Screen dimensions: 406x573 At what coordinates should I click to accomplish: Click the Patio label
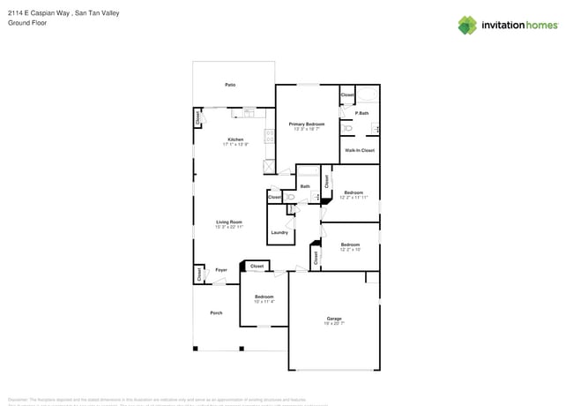click(x=230, y=85)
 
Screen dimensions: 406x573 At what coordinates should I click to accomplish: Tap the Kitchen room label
click(x=235, y=139)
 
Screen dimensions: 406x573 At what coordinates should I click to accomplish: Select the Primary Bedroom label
click(x=307, y=124)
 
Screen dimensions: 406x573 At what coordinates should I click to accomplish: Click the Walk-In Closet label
click(x=360, y=151)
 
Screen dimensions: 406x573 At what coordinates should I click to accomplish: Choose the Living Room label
click(x=229, y=222)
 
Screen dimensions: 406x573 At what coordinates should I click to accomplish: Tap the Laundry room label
click(x=279, y=232)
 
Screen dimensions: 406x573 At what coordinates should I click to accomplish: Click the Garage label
click(x=334, y=319)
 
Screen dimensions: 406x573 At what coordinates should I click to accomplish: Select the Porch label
click(x=216, y=313)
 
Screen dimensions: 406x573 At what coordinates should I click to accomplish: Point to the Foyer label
click(x=221, y=270)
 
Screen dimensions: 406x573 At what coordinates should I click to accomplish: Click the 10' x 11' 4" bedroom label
click(x=264, y=297)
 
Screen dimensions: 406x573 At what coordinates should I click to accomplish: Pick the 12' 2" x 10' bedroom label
click(x=350, y=244)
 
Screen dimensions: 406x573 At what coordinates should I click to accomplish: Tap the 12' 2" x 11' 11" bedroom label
click(x=353, y=192)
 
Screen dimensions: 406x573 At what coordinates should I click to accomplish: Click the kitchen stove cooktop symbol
click(x=269, y=138)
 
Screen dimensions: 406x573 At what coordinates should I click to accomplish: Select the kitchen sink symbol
click(x=249, y=112)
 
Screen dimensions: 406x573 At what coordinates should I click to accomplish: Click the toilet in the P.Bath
click(x=347, y=128)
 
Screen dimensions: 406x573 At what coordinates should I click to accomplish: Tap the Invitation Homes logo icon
click(x=468, y=25)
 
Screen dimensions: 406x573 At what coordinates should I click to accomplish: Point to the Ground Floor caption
click(x=25, y=24)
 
